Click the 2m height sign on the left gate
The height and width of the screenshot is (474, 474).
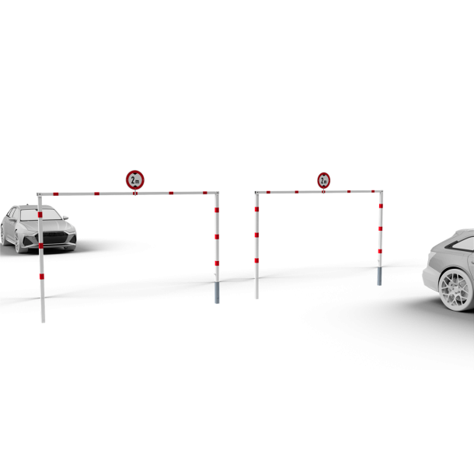pyautogui.click(x=135, y=179)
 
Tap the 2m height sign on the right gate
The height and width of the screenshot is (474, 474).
pyautogui.click(x=323, y=180)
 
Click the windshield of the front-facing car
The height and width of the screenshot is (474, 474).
pyautogui.click(x=47, y=214)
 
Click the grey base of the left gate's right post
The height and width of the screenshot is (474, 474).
pyautogui.click(x=217, y=291)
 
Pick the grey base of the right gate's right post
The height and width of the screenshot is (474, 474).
pyautogui.click(x=379, y=276)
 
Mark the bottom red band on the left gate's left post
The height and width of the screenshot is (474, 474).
pyautogui.click(x=40, y=276)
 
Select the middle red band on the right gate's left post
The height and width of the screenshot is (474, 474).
pyautogui.click(x=256, y=234)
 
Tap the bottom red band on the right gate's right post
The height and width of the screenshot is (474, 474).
pyautogui.click(x=380, y=252)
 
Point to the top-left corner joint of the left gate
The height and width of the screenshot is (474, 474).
pyautogui.click(x=38, y=193)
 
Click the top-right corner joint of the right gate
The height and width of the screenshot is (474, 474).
pyautogui.click(x=381, y=191)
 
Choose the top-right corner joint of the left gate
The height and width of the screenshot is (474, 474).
pyautogui.click(x=217, y=193)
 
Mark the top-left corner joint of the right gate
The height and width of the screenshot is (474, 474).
pyautogui.click(x=256, y=193)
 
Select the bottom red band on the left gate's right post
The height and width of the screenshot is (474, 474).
pyautogui.click(x=217, y=263)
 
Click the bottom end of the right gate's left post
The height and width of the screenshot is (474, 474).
pyautogui.click(x=256, y=297)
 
